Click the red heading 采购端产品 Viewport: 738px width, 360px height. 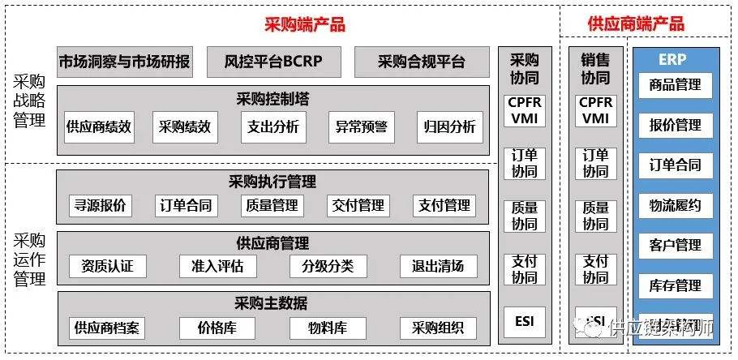tap(304, 24)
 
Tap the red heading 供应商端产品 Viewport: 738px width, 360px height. tap(636, 24)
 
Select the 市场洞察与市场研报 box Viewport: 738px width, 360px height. tap(125, 62)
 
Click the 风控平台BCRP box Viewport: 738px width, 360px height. tap(272, 62)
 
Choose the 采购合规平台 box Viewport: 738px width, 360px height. tap(422, 62)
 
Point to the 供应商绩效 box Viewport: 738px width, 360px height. tap(99, 126)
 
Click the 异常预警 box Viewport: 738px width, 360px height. tap(362, 126)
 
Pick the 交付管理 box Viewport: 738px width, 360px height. tap(358, 206)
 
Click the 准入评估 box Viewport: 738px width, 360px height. tap(212, 266)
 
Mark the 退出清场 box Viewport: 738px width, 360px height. tap(438, 266)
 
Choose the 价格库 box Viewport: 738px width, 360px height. tap(216, 328)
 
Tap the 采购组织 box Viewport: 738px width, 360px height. tap(438, 328)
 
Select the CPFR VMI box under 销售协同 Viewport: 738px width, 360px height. tap(595, 110)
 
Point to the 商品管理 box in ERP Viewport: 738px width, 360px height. tap(676, 85)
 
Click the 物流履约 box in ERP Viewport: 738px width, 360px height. tap(676, 205)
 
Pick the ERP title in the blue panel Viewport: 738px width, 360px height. tap(673, 59)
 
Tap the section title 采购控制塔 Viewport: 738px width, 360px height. tap(272, 99)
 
